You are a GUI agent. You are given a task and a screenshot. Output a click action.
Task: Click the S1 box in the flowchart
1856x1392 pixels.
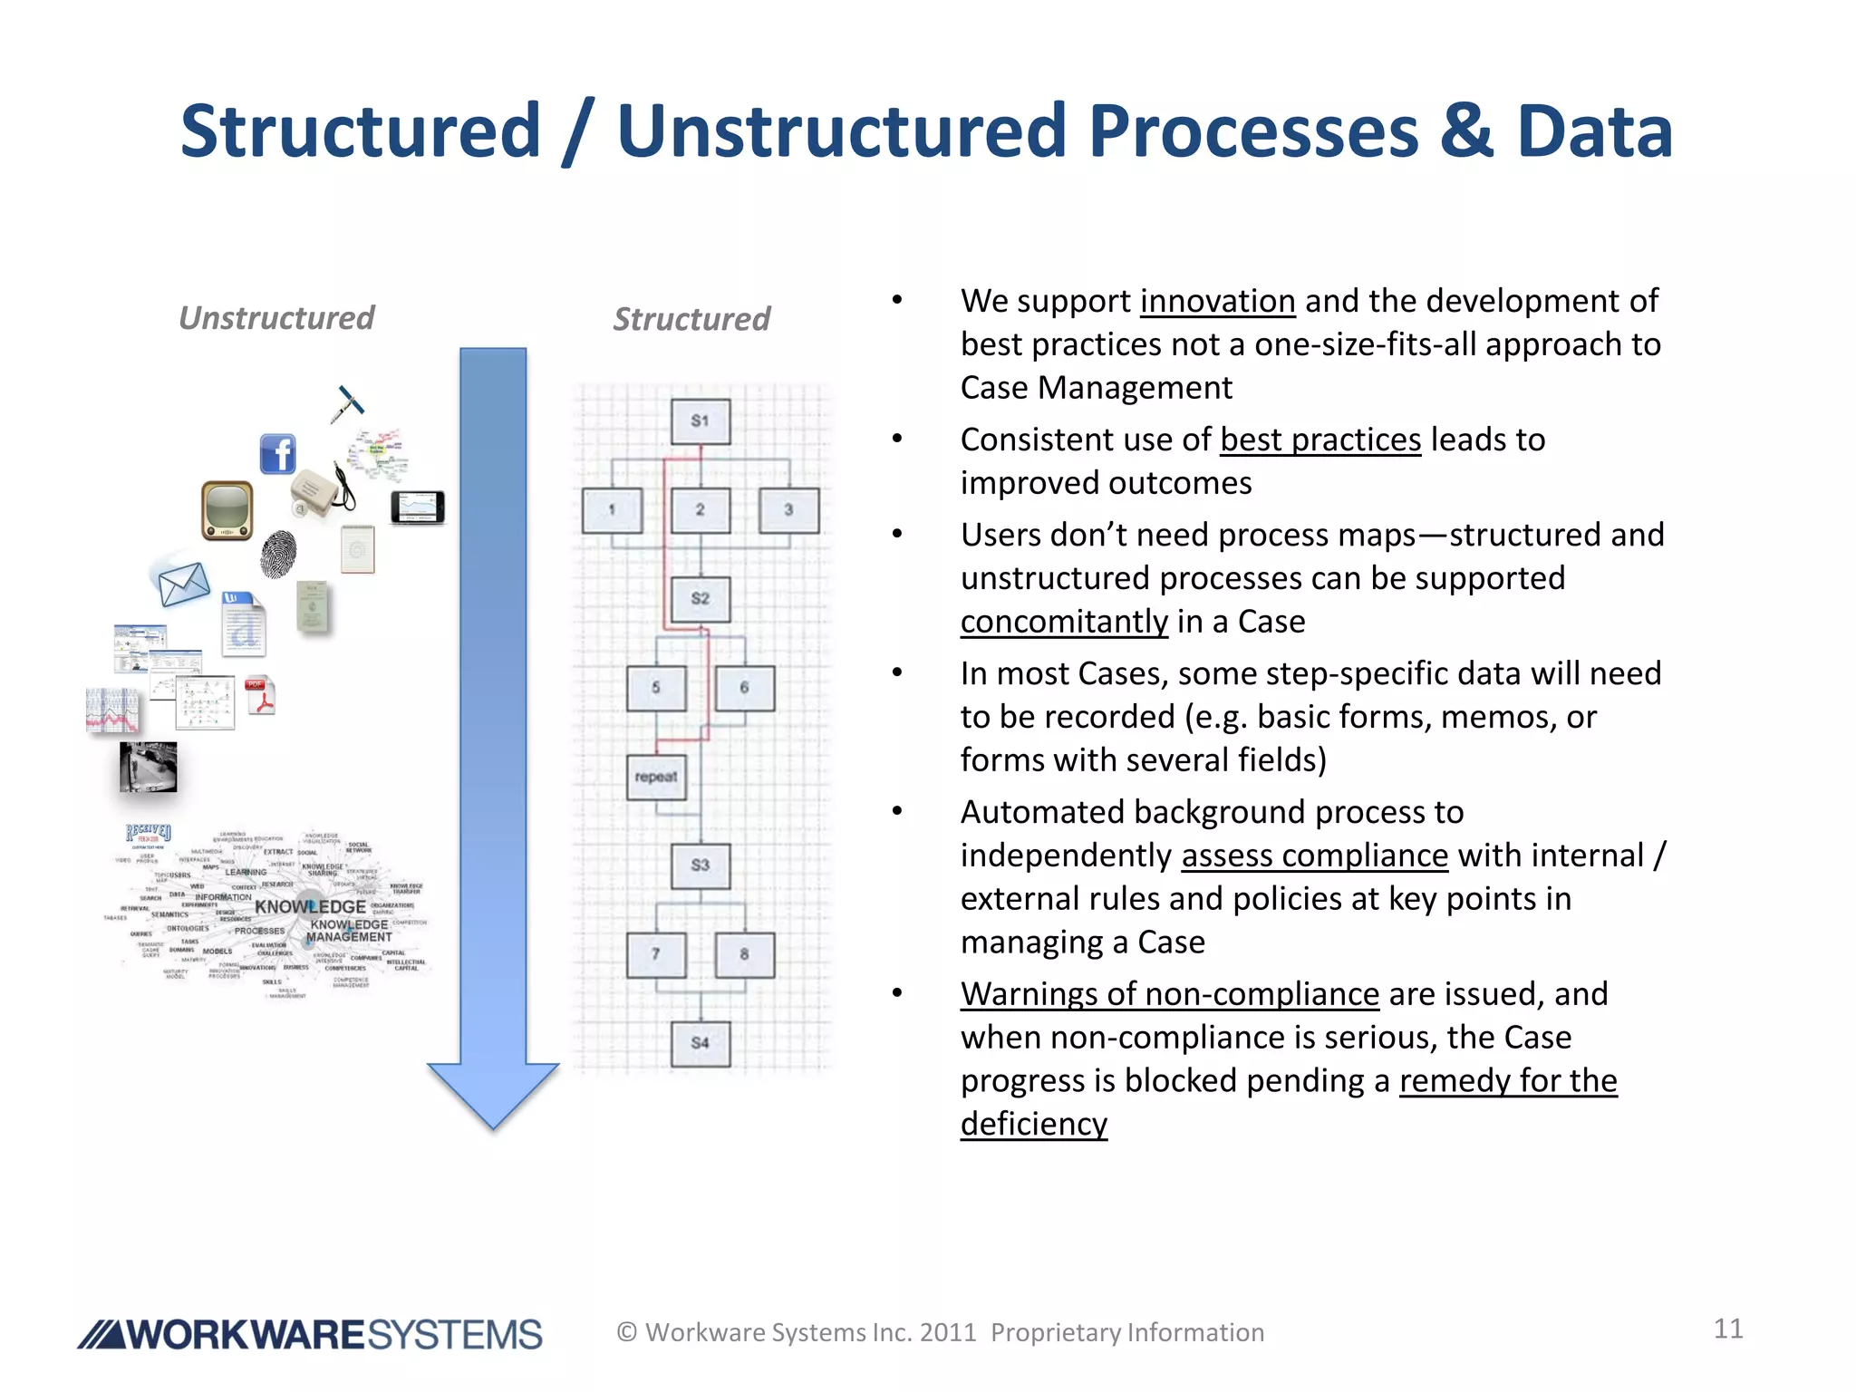click(x=700, y=421)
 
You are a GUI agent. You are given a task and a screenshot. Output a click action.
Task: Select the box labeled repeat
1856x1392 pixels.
click(x=656, y=778)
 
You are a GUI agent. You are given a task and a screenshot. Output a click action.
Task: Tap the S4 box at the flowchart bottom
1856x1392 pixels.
click(x=700, y=1043)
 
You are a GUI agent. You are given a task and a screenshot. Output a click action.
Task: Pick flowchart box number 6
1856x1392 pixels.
click(x=744, y=688)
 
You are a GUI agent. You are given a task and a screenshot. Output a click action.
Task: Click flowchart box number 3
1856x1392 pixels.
click(x=788, y=510)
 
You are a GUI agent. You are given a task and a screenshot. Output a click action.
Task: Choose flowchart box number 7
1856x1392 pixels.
click(x=656, y=954)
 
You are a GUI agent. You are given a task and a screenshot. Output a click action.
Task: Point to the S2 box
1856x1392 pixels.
click(x=700, y=599)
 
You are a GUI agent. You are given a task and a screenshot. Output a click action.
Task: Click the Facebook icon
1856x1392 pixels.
click(x=277, y=453)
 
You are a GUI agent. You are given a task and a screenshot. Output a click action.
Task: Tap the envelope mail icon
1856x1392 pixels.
click(x=184, y=585)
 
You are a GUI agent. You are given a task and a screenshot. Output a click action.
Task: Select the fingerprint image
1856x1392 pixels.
click(x=278, y=554)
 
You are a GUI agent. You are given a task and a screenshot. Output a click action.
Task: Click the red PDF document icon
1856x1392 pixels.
click(x=260, y=696)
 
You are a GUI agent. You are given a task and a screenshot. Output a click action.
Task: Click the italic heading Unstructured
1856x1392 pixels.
click(x=276, y=318)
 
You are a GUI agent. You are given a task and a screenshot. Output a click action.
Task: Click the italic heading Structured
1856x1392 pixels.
click(x=691, y=319)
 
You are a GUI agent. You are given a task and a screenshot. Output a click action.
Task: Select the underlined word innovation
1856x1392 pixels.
click(x=1217, y=301)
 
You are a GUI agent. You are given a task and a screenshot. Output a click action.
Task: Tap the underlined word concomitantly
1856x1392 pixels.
click(x=1064, y=622)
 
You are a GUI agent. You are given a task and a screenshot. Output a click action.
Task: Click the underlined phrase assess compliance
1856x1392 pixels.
click(x=1314, y=855)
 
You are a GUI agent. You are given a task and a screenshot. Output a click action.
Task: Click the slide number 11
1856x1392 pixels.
click(x=1728, y=1329)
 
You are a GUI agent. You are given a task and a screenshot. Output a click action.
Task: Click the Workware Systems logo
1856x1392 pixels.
click(x=310, y=1335)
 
